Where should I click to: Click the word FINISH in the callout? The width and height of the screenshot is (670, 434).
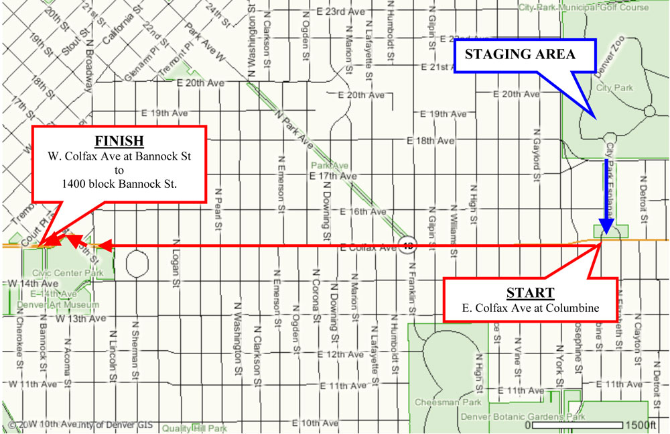click(x=119, y=142)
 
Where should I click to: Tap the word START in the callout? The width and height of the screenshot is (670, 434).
click(x=531, y=292)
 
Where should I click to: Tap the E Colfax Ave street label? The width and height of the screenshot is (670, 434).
click(x=368, y=248)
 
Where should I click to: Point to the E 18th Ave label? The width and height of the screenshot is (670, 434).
click(x=430, y=141)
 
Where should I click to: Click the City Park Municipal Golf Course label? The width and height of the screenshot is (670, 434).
click(x=584, y=7)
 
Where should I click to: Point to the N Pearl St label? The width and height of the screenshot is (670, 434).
click(x=218, y=210)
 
